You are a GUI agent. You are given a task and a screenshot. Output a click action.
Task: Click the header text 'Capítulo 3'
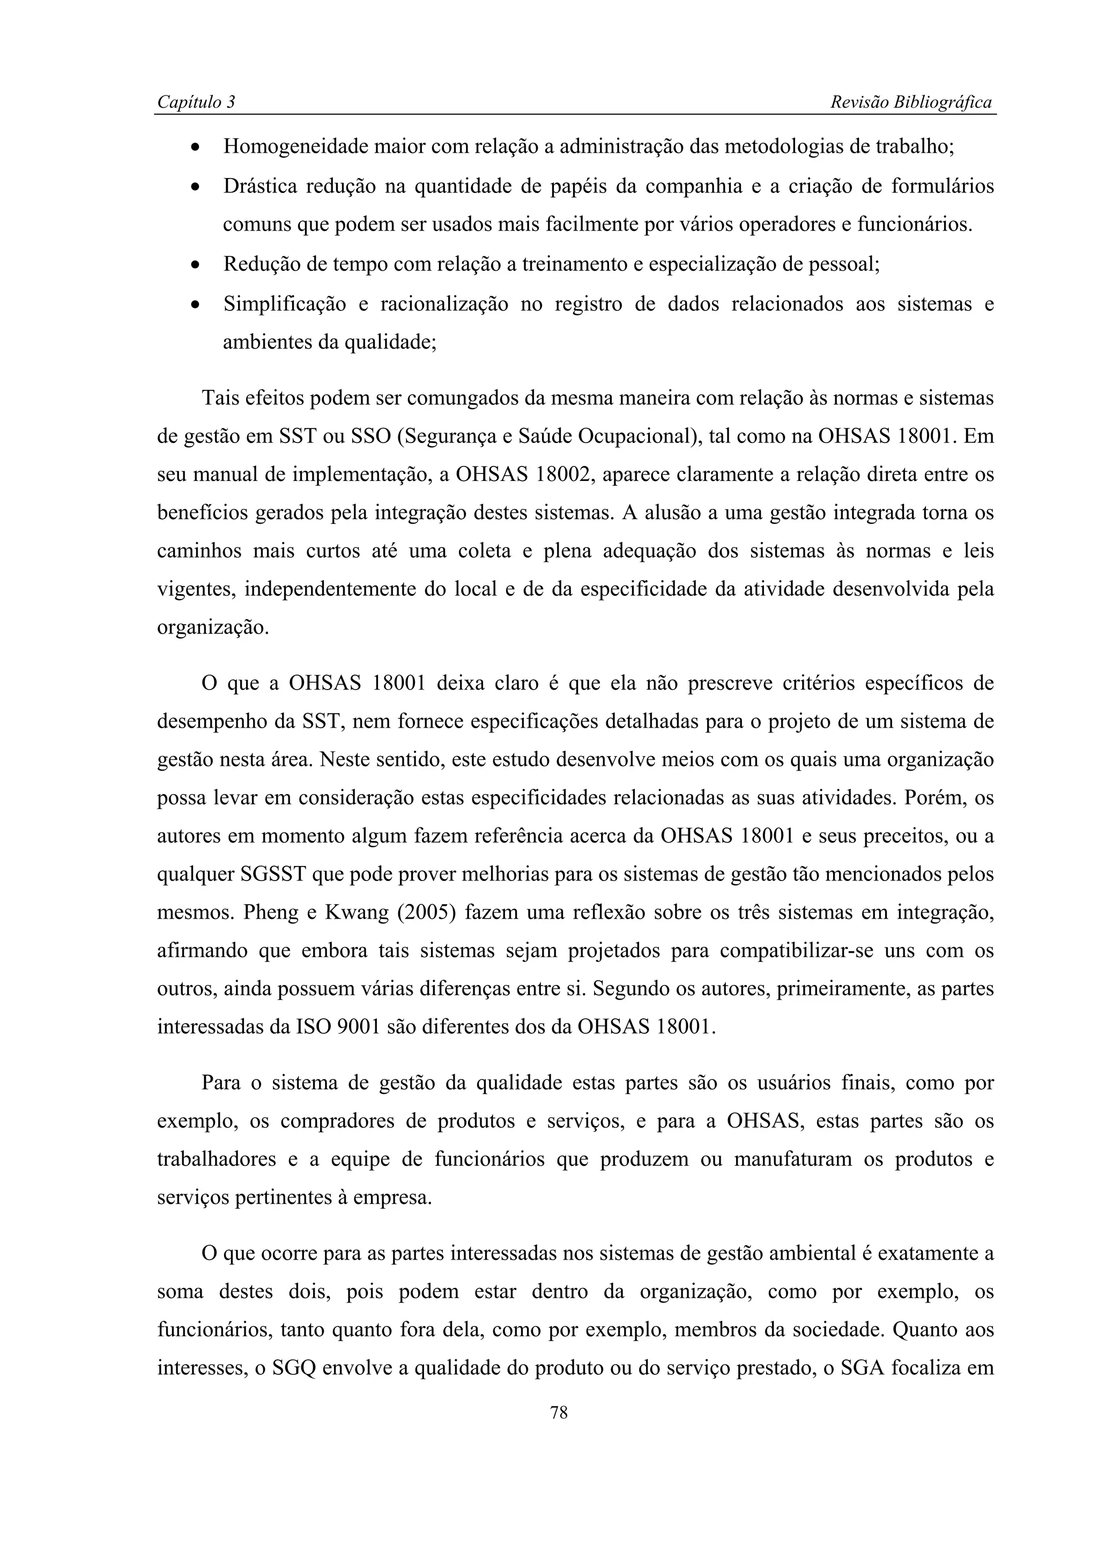pos(196,102)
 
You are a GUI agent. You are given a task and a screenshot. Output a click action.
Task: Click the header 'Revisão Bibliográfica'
pos(910,102)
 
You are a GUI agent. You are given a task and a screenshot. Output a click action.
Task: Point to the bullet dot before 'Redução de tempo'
pos(195,265)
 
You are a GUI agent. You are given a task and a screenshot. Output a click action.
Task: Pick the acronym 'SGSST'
pos(274,875)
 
